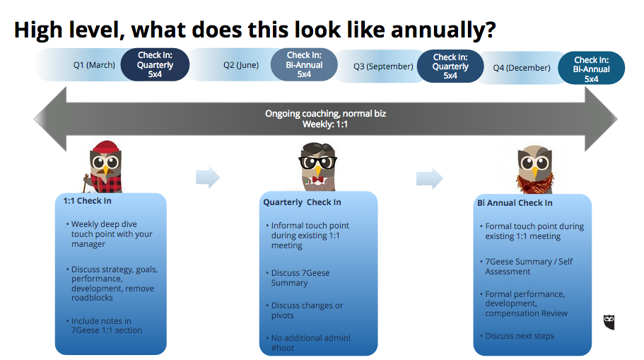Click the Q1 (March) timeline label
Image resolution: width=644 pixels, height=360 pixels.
click(x=94, y=65)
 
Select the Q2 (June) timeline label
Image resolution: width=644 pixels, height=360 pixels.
click(x=241, y=65)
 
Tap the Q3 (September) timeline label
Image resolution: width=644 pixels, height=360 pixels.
click(x=383, y=66)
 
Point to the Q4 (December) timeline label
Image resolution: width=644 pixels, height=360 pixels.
click(x=522, y=68)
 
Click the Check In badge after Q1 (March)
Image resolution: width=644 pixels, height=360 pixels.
click(x=155, y=65)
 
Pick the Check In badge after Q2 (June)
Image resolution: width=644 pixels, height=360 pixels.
click(x=304, y=64)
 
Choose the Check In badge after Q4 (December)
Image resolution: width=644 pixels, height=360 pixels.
click(x=591, y=69)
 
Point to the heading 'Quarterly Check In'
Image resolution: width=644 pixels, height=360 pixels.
click(x=302, y=202)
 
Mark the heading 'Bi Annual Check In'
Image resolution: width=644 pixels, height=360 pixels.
click(x=515, y=203)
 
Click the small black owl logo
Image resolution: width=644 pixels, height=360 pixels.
click(x=609, y=322)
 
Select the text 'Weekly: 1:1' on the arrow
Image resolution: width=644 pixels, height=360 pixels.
click(x=325, y=124)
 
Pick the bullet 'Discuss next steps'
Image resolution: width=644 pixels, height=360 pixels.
click(x=520, y=336)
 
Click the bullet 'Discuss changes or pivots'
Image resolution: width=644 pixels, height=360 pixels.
click(x=307, y=310)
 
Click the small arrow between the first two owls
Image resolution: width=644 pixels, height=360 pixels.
click(x=208, y=178)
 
